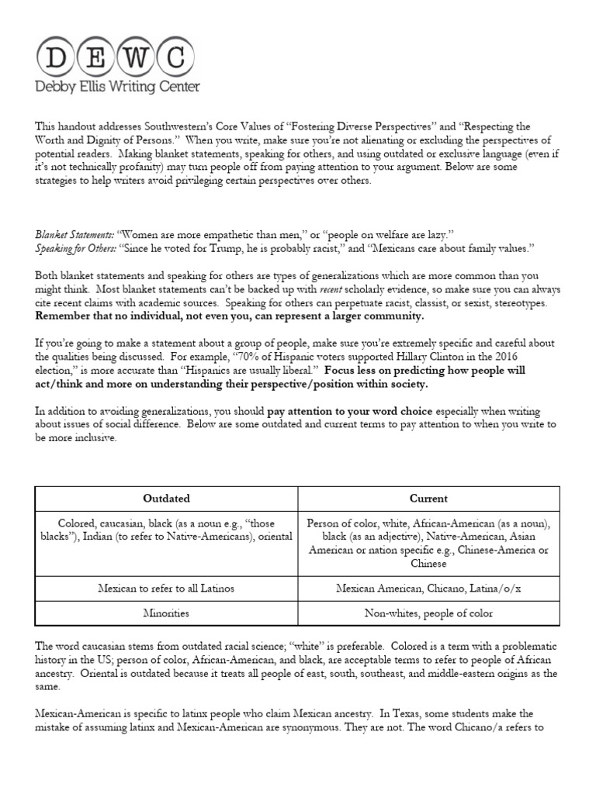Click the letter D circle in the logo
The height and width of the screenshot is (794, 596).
(x=57, y=56)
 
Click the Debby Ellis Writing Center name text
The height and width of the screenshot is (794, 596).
(x=118, y=87)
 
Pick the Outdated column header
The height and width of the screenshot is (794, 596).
(x=166, y=499)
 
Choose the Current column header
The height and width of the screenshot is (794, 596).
(x=428, y=499)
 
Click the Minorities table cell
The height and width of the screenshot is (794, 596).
(x=166, y=613)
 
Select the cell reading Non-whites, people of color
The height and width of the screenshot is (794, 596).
(x=428, y=613)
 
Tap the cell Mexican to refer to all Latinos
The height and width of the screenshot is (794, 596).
(x=166, y=588)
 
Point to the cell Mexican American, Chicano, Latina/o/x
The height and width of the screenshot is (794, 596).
(x=428, y=588)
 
